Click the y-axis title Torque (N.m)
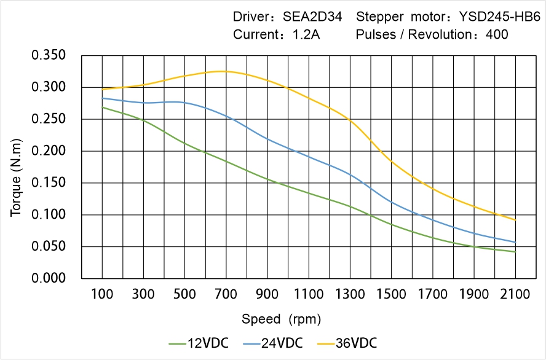[x=17, y=167]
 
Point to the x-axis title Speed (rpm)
[x=281, y=319]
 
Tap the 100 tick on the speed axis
[x=102, y=295]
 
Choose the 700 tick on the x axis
[x=226, y=295]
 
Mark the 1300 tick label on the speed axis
[x=350, y=295]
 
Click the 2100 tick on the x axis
[x=515, y=295]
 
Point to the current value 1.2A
[x=305, y=34]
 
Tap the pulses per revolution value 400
[x=497, y=34]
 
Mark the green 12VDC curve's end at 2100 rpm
[x=515, y=252]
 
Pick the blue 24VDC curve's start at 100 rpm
[x=102, y=98]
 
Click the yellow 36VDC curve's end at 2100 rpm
[x=515, y=220]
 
